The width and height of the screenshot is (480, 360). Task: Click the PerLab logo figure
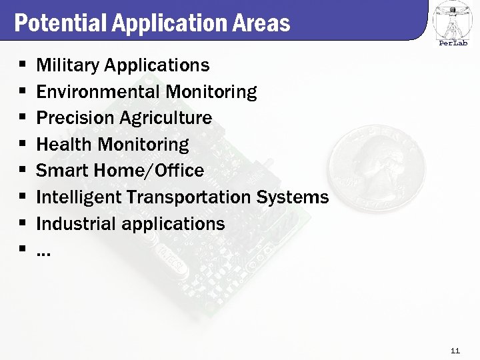pos(453,20)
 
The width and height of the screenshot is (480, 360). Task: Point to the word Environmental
pos(99,91)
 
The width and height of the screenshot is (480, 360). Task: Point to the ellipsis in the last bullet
pos(43,252)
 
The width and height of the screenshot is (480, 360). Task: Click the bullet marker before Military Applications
pos(22,66)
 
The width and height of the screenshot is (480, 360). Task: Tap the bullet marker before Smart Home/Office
pos(22,171)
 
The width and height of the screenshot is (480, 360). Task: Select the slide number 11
pos(455,351)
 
